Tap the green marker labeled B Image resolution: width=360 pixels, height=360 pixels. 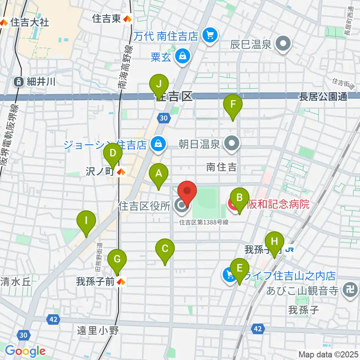(240, 198)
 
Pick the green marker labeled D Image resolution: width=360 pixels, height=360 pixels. (113, 153)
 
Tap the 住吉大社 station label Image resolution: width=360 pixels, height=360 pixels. (30, 22)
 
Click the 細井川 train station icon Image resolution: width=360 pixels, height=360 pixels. (18, 81)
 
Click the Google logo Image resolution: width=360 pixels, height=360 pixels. (25, 351)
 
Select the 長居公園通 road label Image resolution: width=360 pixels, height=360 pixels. (323, 97)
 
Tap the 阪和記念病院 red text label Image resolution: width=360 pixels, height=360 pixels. (278, 204)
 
